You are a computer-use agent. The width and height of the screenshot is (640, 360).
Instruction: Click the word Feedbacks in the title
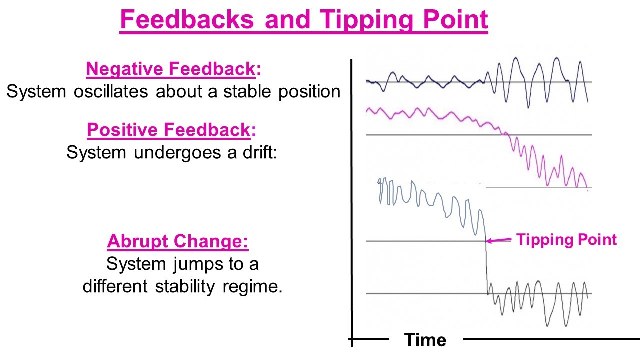point(187,19)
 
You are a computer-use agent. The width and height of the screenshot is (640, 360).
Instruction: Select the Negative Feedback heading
point(173,69)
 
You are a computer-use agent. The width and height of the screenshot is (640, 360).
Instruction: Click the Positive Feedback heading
point(171,130)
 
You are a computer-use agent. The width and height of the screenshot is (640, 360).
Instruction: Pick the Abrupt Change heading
point(178,241)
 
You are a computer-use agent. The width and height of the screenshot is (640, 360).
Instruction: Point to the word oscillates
point(111,91)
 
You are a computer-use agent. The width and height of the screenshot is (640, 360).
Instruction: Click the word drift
point(260,152)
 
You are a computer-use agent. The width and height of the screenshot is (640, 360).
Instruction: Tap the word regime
point(252,286)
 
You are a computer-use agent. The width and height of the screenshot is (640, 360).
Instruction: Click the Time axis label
point(425,340)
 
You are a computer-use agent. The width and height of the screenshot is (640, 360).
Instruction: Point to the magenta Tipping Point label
point(567,239)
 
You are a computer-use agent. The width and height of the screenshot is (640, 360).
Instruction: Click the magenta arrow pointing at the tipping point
point(499,240)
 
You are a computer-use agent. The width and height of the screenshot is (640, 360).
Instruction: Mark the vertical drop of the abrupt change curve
point(486,264)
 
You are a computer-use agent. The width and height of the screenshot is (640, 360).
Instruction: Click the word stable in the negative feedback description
point(247,91)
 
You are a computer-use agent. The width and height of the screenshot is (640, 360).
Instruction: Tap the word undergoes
point(177,153)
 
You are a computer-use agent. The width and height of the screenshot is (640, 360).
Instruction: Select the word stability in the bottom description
point(185,287)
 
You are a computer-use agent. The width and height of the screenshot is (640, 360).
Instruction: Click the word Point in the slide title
point(455,19)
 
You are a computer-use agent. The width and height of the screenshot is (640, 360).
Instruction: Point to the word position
point(309,92)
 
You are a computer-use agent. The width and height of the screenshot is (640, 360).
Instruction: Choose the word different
point(115,286)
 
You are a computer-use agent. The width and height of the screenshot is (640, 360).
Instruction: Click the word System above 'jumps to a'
point(136,264)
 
